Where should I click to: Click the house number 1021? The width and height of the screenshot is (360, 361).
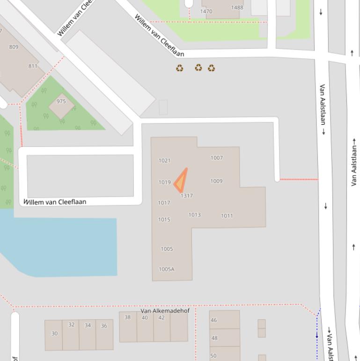tap(164, 160)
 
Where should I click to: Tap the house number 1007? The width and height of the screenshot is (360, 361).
tap(217, 158)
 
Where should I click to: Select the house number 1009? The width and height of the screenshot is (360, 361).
tap(216, 181)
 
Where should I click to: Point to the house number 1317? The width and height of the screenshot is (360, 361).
tap(187, 196)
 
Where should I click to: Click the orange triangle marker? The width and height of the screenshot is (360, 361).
tap(181, 182)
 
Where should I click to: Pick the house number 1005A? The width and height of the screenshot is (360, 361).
tap(166, 269)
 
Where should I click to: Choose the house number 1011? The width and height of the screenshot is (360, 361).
tap(227, 216)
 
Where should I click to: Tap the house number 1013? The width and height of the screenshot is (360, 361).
tap(195, 215)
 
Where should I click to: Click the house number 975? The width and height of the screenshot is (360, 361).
tap(61, 101)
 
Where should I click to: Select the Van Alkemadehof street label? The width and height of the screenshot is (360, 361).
tap(165, 311)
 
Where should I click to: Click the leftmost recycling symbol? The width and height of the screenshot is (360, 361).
tap(180, 68)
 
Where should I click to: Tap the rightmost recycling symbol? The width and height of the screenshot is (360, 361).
tap(212, 68)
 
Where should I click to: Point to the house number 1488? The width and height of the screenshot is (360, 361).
tap(237, 8)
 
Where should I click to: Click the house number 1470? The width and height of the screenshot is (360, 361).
tap(206, 11)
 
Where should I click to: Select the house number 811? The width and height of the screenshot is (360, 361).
tap(33, 66)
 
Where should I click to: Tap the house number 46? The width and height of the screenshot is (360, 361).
tap(214, 320)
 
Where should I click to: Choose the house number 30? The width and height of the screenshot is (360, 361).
tap(54, 334)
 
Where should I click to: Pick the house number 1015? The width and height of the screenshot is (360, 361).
tap(164, 219)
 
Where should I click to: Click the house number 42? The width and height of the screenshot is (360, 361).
tap(162, 317)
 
